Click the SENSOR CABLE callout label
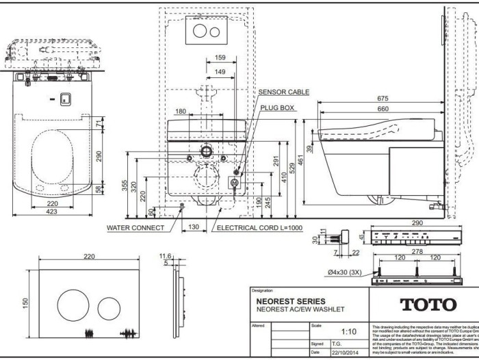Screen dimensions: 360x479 pos(283,92)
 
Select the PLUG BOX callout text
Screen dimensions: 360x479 pos(276,108)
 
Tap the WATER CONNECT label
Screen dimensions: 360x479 pos(135,228)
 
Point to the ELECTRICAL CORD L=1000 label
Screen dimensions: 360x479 pos(259,228)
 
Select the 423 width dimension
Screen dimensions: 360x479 pos(52,211)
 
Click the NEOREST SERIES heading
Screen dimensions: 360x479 pos(291,301)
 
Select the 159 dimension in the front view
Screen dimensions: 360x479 pos(220,57)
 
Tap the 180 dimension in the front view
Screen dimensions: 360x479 pos(181,111)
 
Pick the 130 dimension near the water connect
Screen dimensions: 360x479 pos(194,227)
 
